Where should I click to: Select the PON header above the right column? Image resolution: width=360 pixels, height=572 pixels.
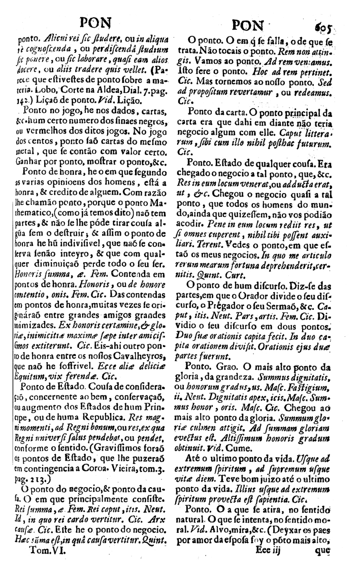point(248,25)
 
